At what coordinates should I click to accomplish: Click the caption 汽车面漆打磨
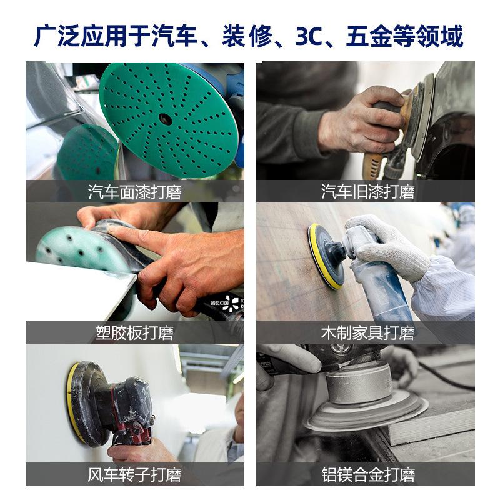[134, 192]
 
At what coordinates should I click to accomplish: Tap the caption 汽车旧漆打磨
[367, 192]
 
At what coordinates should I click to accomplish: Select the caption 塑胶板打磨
[134, 333]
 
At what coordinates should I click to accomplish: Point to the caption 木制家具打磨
[367, 333]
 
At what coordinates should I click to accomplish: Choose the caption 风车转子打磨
[134, 474]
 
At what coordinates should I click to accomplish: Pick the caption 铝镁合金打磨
[367, 474]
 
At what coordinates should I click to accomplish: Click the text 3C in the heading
[309, 36]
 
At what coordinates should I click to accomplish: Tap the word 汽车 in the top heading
[174, 36]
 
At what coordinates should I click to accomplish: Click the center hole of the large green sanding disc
[165, 119]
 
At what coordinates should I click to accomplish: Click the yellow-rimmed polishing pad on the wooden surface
[325, 256]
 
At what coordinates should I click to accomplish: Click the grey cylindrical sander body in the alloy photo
[359, 382]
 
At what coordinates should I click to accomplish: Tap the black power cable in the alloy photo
[446, 376]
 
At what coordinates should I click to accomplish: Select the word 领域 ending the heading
[440, 36]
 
